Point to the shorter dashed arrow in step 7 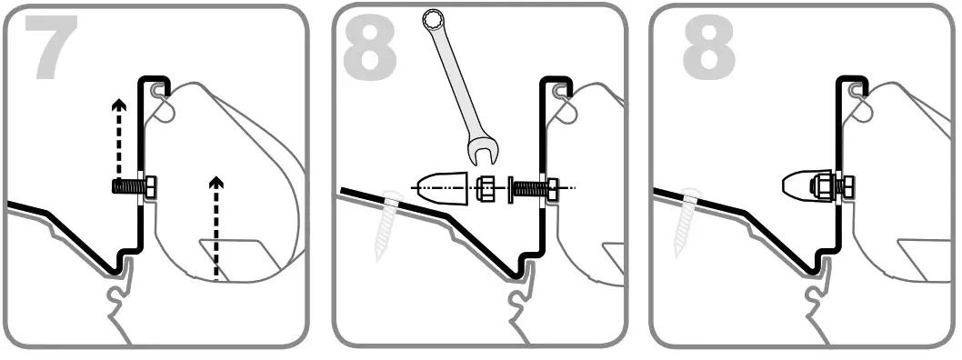pos(215,226)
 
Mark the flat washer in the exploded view pos(507,187)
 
